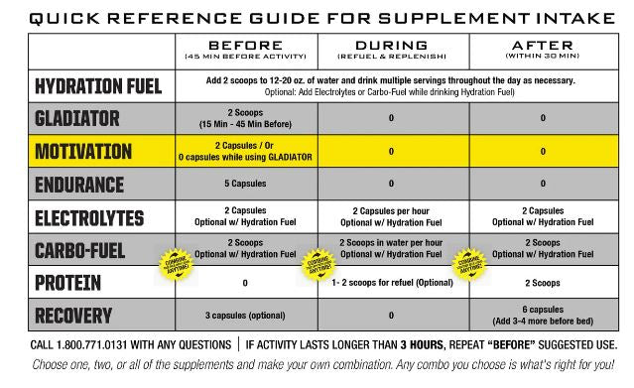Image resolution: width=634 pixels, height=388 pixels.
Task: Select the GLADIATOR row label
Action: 76,119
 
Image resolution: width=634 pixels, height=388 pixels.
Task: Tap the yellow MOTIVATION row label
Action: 83,152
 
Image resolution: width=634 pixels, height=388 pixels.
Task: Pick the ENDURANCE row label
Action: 79,185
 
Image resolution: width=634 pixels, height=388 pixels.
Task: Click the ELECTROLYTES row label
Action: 89,217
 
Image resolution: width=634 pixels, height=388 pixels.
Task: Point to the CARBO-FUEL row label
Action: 79,250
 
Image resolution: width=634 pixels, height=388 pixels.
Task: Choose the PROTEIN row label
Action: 67,283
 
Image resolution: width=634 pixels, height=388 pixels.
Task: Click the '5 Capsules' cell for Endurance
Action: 244,185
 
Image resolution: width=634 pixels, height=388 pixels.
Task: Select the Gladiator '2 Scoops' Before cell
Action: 244,118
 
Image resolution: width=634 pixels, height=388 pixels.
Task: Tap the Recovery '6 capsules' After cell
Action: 543,316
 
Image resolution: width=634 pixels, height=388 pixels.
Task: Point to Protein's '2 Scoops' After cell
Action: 543,283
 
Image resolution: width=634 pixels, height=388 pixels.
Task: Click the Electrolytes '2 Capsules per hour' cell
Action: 391,211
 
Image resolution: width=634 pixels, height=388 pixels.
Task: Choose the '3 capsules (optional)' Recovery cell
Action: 244,316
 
